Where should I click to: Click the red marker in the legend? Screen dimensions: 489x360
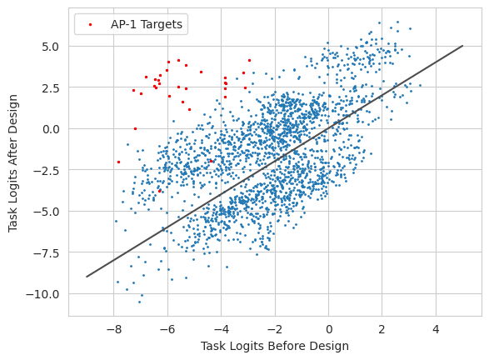point(91,24)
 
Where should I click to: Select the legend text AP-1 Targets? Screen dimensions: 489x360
point(147,24)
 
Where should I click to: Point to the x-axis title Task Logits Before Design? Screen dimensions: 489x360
point(275,346)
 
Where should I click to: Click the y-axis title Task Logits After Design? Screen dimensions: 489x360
point(12,163)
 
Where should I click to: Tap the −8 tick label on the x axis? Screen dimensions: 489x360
point(114,329)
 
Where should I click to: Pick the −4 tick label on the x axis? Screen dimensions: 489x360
point(221,329)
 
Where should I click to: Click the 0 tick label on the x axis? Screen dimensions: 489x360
point(329,329)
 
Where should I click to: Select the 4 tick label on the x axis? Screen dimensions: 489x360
point(436,329)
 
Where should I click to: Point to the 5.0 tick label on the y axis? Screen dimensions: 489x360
point(51,47)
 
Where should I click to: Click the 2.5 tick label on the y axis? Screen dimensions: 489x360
point(51,88)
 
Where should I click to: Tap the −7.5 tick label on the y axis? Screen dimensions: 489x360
point(46,253)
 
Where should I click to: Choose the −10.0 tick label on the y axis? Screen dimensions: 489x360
point(42,294)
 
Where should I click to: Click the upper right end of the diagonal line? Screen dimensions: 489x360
point(463,46)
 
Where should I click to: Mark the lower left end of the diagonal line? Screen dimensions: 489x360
point(87,277)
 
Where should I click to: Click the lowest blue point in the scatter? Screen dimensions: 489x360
point(139,302)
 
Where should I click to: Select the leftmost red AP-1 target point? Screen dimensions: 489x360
point(118,162)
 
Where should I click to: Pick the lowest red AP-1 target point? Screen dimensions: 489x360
point(160,191)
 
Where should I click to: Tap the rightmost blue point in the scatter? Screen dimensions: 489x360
point(420,85)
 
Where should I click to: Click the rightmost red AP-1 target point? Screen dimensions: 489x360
point(249,61)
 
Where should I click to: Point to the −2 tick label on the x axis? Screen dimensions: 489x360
point(275,329)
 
